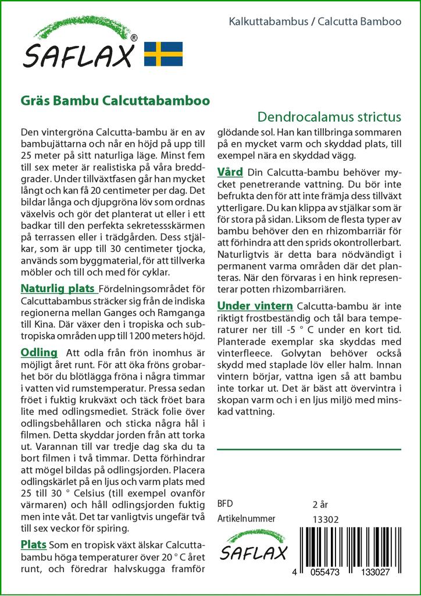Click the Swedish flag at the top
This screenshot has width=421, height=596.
(x=163, y=53)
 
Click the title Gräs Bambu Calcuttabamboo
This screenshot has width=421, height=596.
(x=115, y=100)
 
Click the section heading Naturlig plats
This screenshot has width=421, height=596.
(x=59, y=288)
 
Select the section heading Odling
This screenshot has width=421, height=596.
(x=38, y=352)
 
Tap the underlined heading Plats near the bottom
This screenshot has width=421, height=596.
(x=34, y=544)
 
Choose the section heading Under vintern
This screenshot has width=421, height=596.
(x=254, y=306)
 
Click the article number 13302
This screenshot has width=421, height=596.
(x=326, y=519)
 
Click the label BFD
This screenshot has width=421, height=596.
(x=226, y=504)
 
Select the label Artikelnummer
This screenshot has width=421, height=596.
(x=246, y=519)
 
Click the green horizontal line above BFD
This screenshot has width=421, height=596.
(x=308, y=449)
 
